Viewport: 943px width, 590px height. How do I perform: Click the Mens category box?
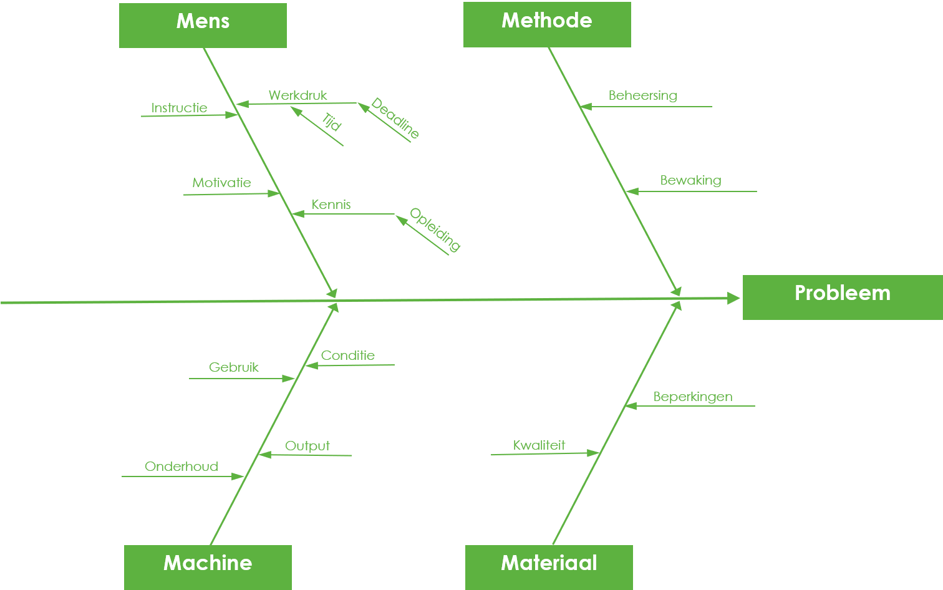pos(203,26)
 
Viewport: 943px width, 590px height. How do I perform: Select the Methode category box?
pos(547,24)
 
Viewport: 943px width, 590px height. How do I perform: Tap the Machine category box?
pos(208,568)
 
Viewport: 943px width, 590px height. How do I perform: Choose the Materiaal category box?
pos(549,568)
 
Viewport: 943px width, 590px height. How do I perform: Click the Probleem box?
pos(843,297)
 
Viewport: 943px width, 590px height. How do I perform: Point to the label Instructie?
pos(180,108)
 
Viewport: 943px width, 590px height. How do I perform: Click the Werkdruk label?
pos(298,95)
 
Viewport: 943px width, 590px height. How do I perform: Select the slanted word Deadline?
pos(395,118)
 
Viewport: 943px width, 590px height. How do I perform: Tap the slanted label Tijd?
pos(332,122)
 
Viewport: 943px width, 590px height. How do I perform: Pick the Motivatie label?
pos(222,183)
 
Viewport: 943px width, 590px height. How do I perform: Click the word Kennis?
pos(331,205)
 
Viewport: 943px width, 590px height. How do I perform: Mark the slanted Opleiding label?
pos(435,230)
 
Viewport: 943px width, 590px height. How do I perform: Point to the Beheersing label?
pos(643,95)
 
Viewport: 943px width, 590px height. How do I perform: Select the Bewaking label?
pos(691,180)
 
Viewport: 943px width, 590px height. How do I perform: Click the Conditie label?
pos(348,355)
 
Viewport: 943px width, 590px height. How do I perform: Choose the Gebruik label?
pos(234,367)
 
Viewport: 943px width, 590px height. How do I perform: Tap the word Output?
pos(307,446)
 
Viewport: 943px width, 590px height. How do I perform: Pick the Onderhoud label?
pos(181,467)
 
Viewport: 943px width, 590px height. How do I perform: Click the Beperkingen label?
pos(693,397)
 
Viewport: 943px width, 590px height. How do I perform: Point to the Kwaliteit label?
pos(539,445)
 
